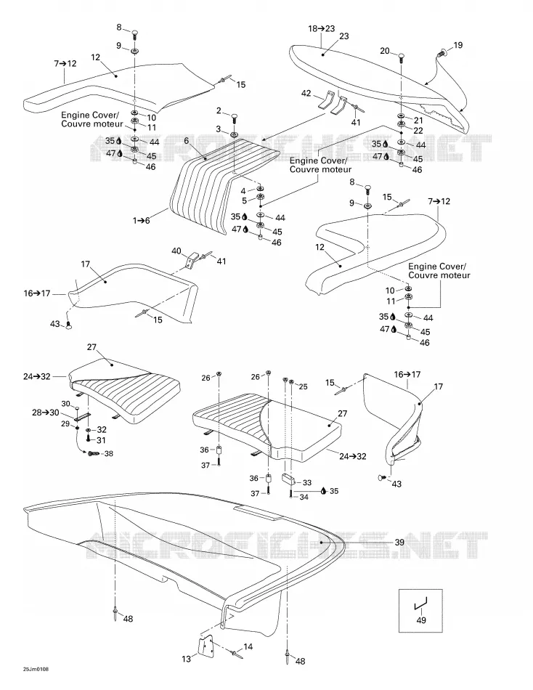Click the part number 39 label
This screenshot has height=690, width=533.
[399, 542]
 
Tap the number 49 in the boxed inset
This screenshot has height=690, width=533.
[420, 620]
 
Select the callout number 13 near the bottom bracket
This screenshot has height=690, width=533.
[187, 659]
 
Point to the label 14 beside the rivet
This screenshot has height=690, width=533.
[248, 646]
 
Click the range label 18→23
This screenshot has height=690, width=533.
[321, 28]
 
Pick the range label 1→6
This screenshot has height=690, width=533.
[142, 221]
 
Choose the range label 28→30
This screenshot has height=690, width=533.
[45, 413]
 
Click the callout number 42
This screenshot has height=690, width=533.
[306, 93]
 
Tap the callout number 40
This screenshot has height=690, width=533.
[176, 251]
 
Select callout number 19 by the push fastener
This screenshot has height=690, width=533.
[457, 45]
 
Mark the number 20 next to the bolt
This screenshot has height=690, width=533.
[385, 51]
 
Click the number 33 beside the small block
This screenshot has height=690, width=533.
[306, 482]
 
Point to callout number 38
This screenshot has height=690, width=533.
[108, 453]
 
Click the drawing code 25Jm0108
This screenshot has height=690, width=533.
[36, 681]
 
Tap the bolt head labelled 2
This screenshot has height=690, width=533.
[234, 118]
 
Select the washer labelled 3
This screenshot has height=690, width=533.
[234, 134]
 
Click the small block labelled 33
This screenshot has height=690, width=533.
[288, 479]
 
